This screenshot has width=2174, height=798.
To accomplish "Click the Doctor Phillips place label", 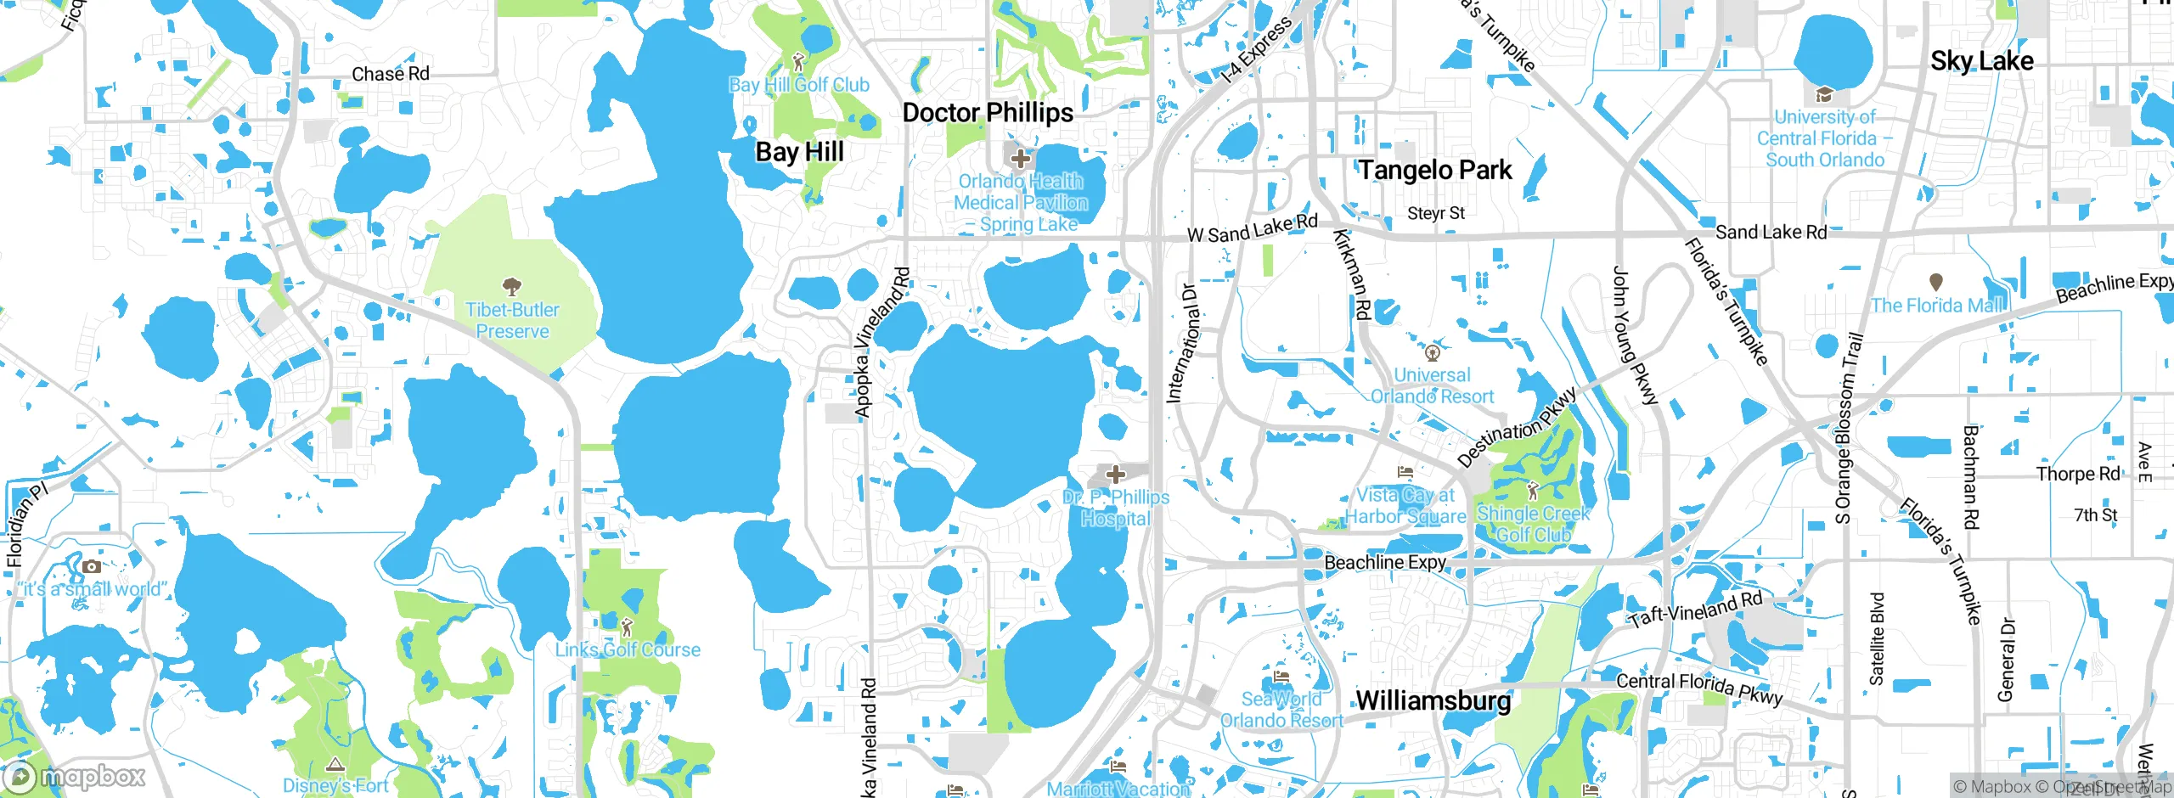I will [988, 113].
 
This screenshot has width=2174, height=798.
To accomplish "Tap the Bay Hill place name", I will [799, 152].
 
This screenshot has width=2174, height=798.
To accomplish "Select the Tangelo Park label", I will [1435, 170].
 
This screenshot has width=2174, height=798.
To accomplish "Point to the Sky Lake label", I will [1981, 61].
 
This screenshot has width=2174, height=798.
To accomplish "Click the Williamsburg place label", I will [1433, 700].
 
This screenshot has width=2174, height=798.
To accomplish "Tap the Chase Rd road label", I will [391, 74].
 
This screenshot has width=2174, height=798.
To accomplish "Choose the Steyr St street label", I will [1436, 213].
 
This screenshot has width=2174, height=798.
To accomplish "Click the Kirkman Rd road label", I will [1352, 274].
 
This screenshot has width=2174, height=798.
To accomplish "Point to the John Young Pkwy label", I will [1634, 334].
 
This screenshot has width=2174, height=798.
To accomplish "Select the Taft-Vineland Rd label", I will [1695, 609].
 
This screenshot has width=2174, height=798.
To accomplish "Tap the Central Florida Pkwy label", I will [1699, 688].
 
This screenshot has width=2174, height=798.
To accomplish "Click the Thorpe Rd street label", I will [2078, 474].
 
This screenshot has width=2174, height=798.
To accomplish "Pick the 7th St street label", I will [2096, 515].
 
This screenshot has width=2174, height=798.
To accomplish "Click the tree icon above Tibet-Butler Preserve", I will [512, 286].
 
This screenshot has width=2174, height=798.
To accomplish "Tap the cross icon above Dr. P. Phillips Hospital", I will [1116, 475].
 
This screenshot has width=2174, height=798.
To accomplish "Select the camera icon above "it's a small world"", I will [92, 566].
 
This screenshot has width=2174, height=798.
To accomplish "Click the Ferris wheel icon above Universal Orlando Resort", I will [1432, 351].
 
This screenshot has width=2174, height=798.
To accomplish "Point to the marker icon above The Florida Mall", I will [1936, 282].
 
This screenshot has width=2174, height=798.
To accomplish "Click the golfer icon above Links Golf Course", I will [628, 627].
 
